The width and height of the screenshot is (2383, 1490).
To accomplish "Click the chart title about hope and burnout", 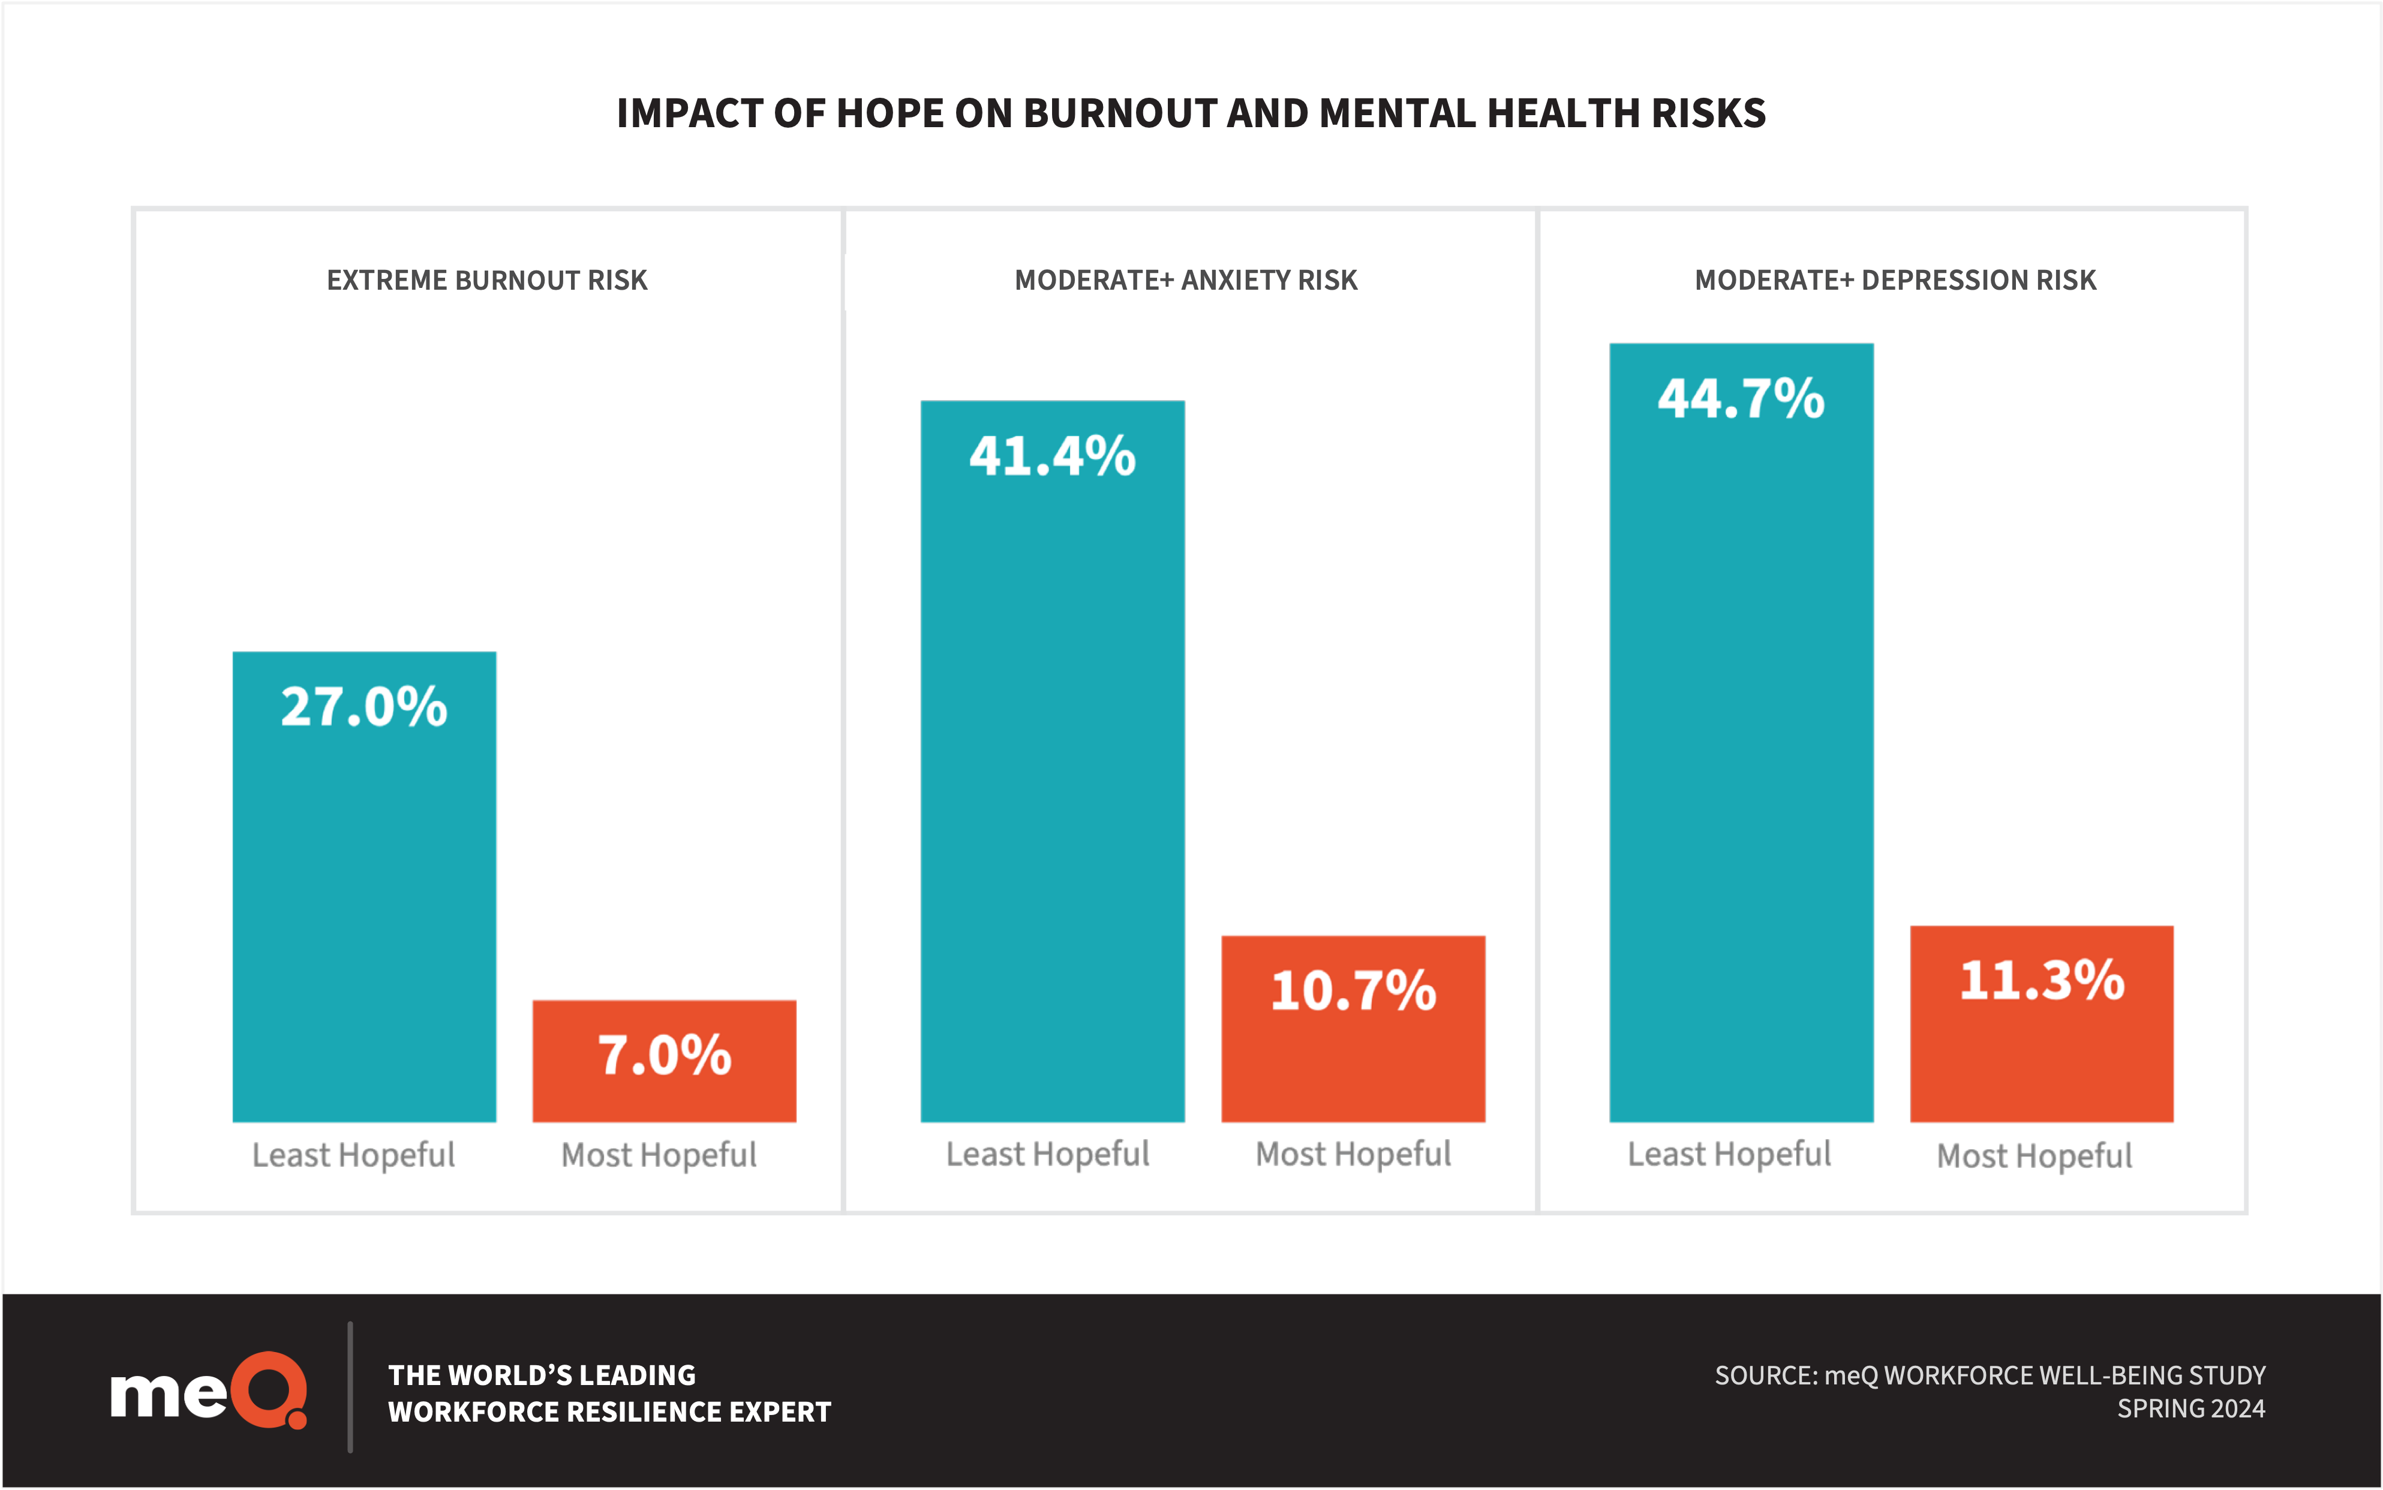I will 1191,113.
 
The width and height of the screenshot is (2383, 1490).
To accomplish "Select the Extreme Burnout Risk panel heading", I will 486,281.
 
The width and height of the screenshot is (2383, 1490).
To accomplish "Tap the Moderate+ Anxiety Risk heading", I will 1186,281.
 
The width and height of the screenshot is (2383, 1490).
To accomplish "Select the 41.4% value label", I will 1052,456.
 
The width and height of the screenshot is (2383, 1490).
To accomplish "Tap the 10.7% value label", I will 1353,990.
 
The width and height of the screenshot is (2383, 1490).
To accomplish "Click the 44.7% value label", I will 1741,399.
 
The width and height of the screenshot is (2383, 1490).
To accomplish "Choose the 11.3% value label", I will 2041,981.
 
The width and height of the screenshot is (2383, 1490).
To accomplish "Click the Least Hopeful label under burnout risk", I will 354,1155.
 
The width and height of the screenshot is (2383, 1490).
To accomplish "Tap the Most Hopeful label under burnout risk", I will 659,1155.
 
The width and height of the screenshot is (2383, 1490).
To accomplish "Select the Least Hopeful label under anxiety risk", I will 1047,1154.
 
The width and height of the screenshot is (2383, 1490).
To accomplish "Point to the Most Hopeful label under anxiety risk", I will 1353,1154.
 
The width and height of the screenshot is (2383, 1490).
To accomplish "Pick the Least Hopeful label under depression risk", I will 1729,1154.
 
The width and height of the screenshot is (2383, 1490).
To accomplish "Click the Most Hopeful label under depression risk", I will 2035,1156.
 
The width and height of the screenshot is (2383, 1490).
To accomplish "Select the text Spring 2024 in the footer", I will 2191,1409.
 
